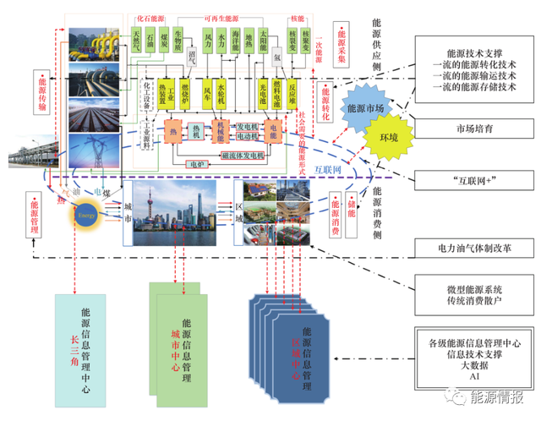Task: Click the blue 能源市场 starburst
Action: tap(364, 109)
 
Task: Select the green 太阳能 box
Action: tap(264, 39)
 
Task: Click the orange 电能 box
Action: tap(273, 130)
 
